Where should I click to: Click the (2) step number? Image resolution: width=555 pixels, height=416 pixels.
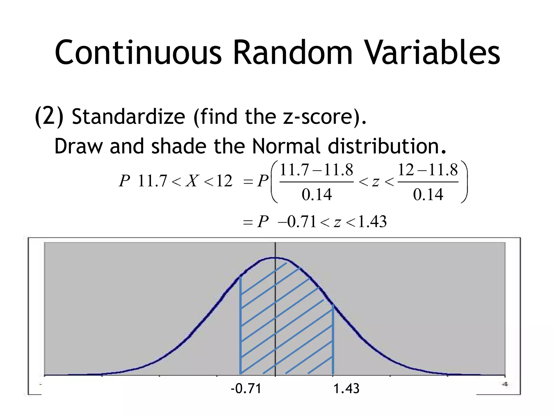(x=49, y=116)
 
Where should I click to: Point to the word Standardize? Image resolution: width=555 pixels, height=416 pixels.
(x=128, y=116)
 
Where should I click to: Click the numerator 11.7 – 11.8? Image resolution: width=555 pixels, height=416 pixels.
(x=317, y=170)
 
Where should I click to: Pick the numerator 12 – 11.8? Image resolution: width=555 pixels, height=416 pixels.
(x=428, y=170)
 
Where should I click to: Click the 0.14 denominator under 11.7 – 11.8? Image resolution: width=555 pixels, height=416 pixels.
(x=317, y=194)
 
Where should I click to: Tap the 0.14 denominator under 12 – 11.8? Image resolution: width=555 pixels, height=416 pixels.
(x=428, y=194)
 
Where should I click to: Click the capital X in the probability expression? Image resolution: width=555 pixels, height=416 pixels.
(x=192, y=181)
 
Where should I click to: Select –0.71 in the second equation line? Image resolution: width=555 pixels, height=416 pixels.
(x=297, y=222)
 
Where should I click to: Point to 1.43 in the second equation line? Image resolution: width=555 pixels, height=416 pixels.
(x=372, y=222)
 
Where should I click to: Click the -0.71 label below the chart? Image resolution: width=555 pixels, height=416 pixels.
(x=246, y=389)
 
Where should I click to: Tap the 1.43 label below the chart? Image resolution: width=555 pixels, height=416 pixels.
(x=346, y=389)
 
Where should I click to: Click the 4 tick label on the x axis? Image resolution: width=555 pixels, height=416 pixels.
(x=505, y=384)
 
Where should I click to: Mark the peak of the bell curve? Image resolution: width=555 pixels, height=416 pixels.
(x=275, y=258)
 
